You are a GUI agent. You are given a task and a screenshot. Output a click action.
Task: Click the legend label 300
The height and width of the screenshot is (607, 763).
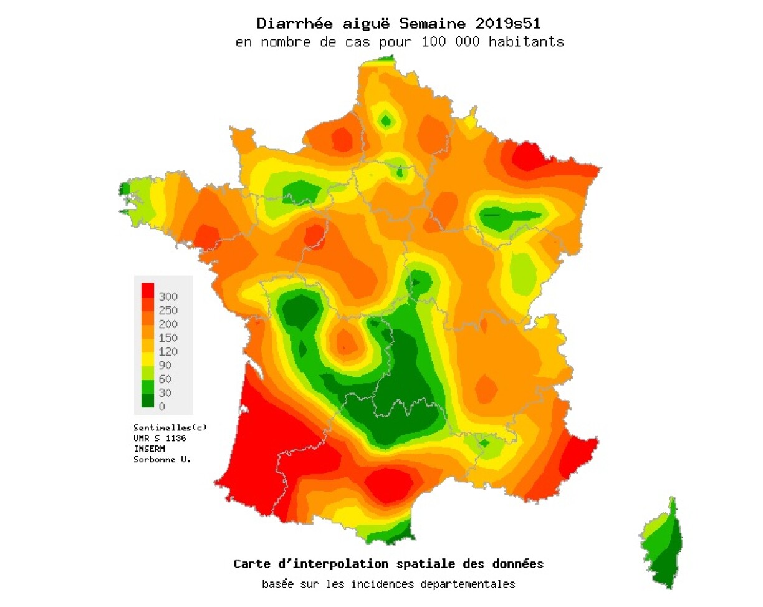168,296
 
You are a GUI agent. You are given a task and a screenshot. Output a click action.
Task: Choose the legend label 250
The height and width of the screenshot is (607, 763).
168,310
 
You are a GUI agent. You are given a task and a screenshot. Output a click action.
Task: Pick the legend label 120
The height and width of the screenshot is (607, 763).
168,351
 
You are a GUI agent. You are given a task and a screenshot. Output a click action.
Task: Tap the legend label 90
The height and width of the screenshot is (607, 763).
165,365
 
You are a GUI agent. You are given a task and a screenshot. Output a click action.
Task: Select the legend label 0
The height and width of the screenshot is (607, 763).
161,406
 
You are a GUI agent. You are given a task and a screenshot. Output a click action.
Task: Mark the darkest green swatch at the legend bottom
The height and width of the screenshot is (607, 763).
147,401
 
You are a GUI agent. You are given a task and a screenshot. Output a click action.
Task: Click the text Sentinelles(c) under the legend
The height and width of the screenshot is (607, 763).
170,427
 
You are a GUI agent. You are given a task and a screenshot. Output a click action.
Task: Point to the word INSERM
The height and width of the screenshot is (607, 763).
150,449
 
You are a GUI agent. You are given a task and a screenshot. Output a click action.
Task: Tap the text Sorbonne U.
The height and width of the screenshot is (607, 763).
162,459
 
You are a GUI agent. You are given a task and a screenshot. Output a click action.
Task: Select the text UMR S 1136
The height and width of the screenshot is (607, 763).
160,438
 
